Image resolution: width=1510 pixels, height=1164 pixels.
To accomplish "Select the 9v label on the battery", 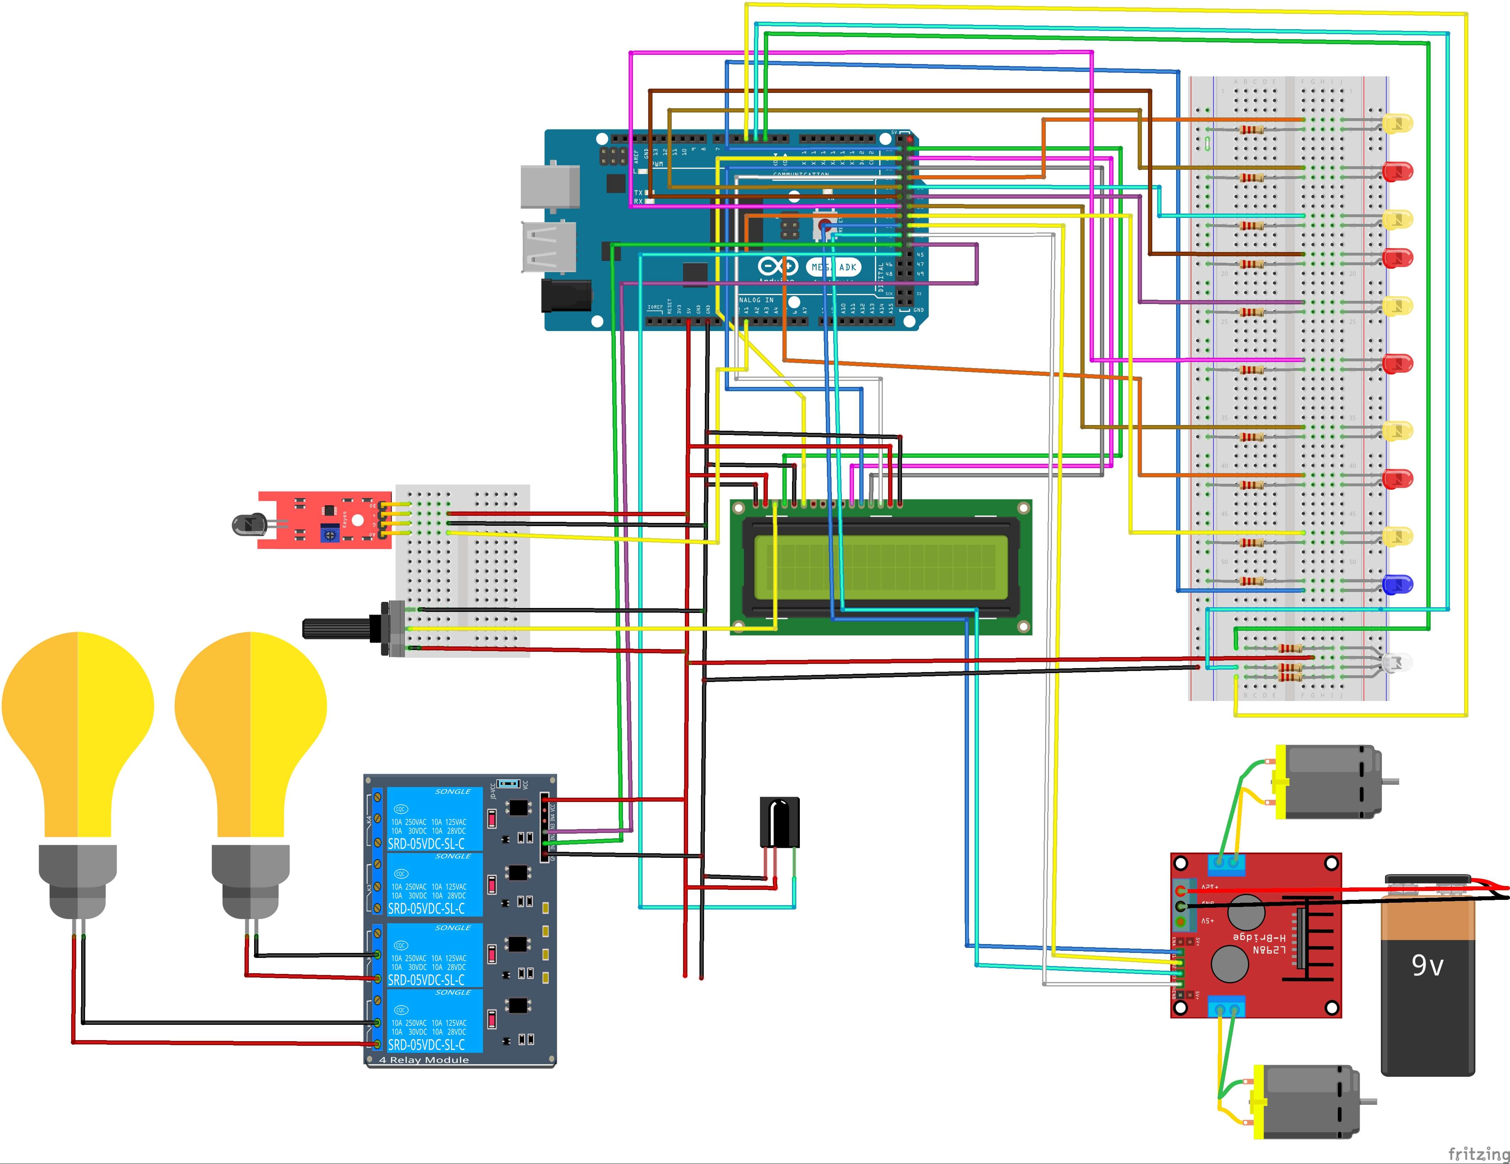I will click(1427, 966).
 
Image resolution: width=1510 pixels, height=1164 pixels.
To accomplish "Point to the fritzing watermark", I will click(1478, 1153).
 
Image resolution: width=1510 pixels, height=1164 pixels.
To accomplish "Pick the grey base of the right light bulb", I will click(250, 881).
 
